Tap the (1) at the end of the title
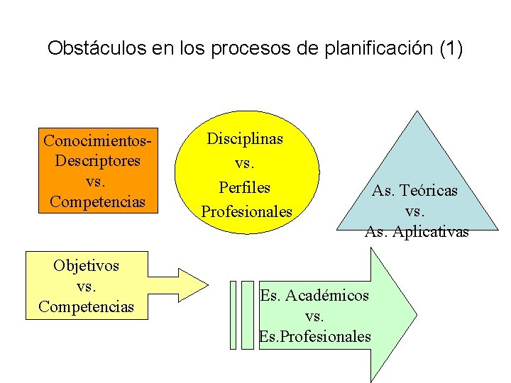[451, 49]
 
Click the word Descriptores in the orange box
[97, 160]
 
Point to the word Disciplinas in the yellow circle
[245, 139]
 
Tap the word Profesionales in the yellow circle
[246, 212]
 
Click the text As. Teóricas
[415, 191]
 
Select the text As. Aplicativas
[417, 232]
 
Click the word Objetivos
[86, 266]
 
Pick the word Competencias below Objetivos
[86, 307]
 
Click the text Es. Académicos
[314, 295]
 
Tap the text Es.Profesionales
[315, 336]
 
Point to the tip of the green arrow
[415, 314]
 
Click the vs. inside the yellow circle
[246, 164]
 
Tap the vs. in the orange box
[97, 181]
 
